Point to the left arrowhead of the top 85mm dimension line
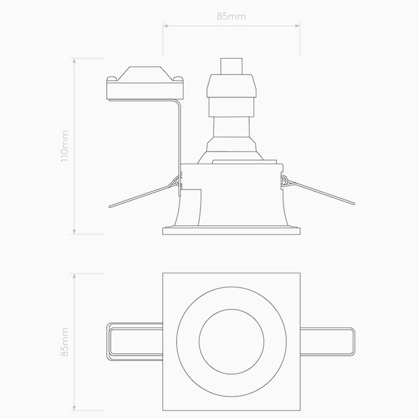(165, 26)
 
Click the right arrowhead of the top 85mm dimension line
(298, 26)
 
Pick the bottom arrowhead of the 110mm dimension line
(76, 231)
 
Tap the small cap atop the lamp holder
(231, 66)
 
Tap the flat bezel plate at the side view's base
(231, 228)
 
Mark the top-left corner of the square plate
(164, 273)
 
